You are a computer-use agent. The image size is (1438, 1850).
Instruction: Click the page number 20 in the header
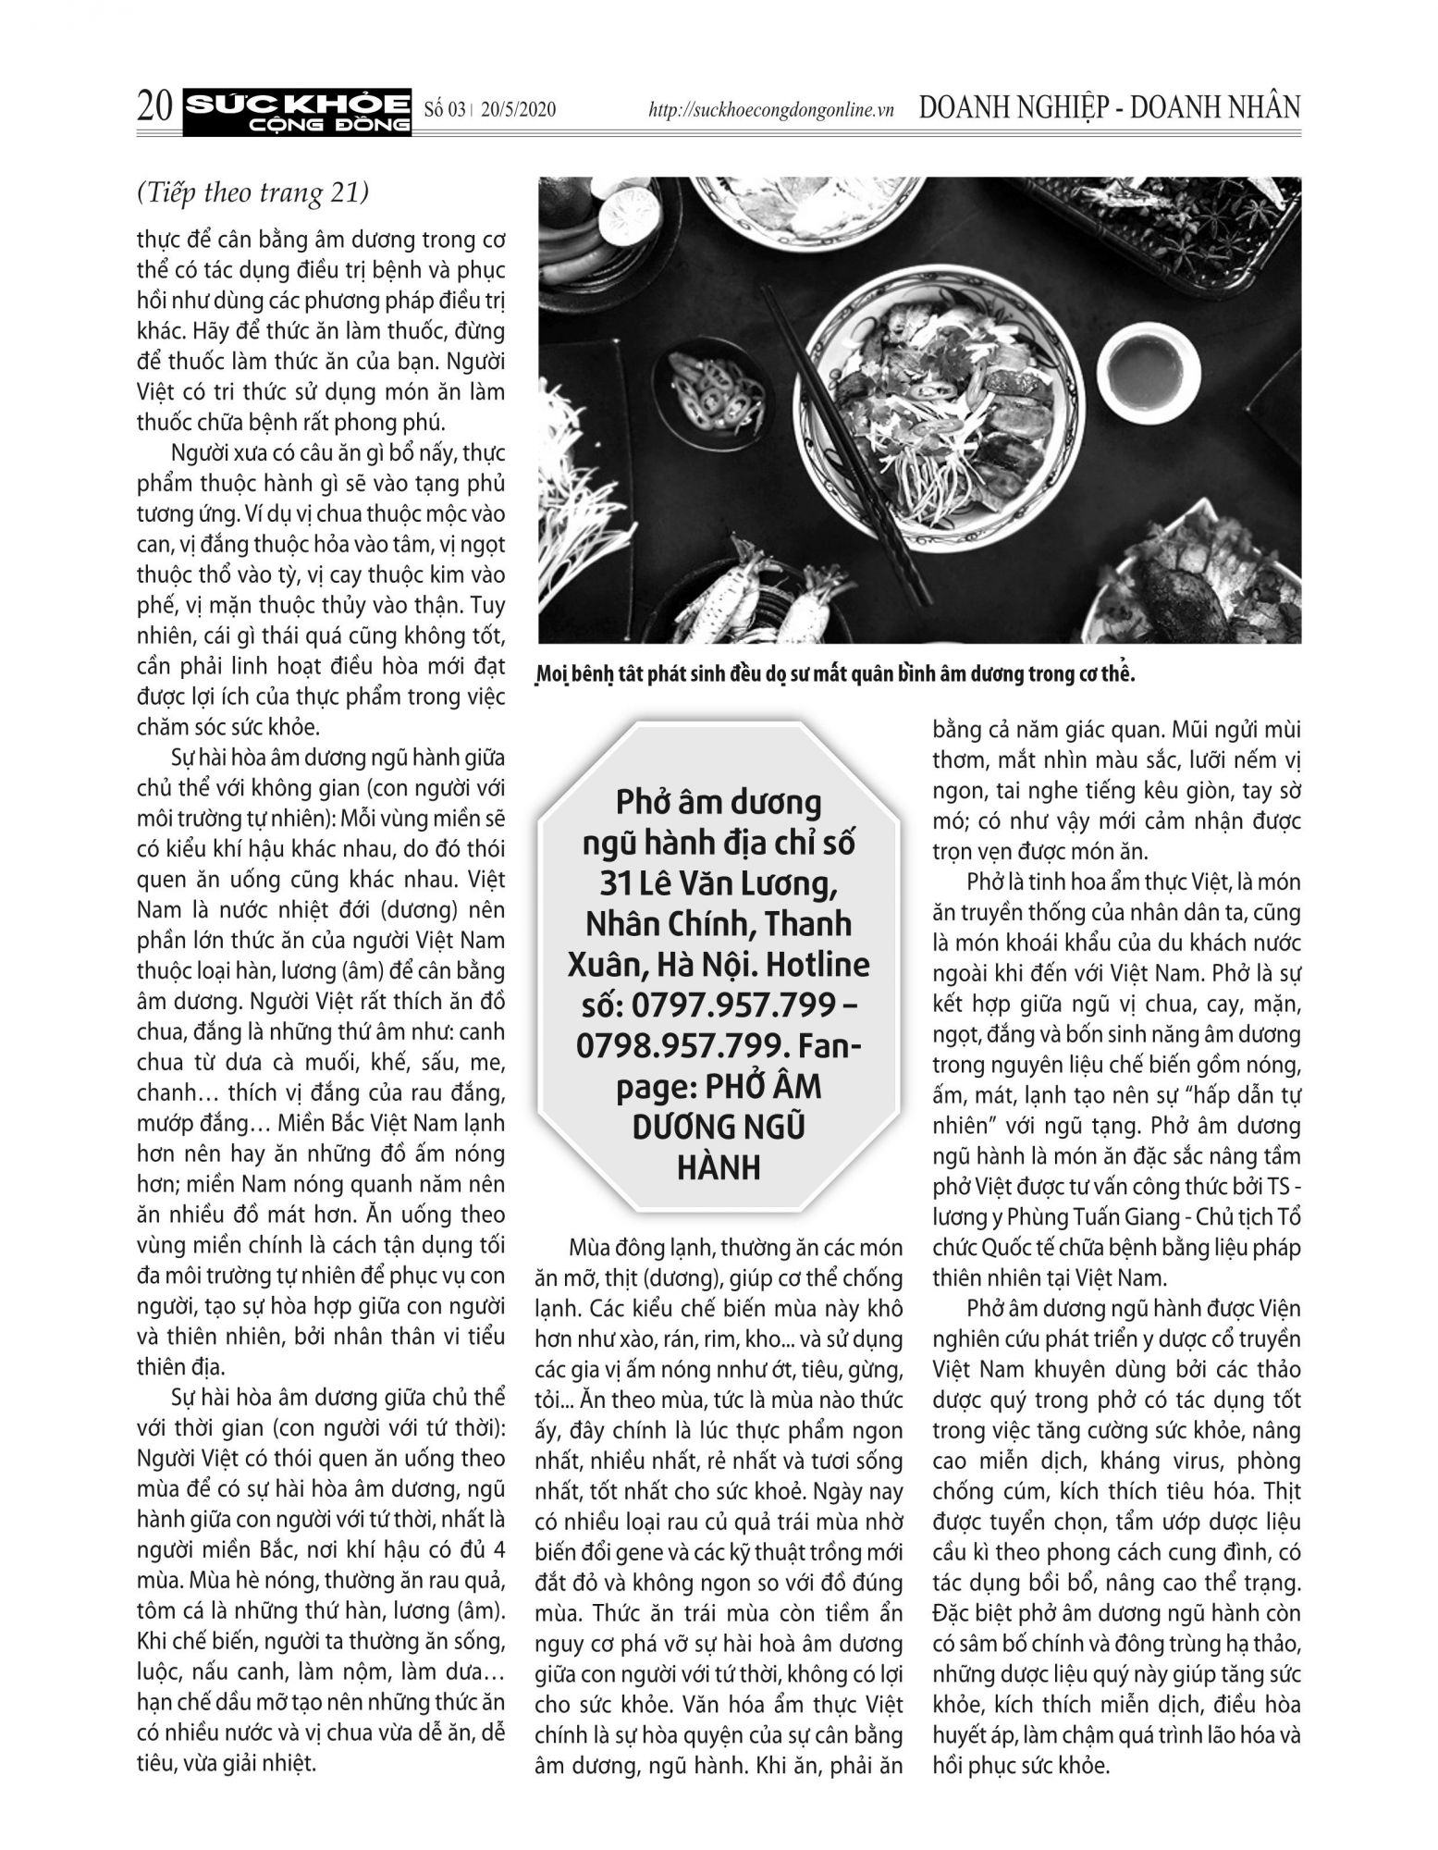tap(154, 108)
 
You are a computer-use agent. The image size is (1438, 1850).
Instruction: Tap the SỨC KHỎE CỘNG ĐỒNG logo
tap(297, 109)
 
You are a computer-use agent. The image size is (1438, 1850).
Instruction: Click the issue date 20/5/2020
tap(518, 110)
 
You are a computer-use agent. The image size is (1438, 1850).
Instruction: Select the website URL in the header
tap(771, 110)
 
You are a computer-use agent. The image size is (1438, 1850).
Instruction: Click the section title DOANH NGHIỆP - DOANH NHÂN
tap(1110, 107)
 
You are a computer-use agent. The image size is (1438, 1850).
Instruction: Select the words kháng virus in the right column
tap(1117, 1461)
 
